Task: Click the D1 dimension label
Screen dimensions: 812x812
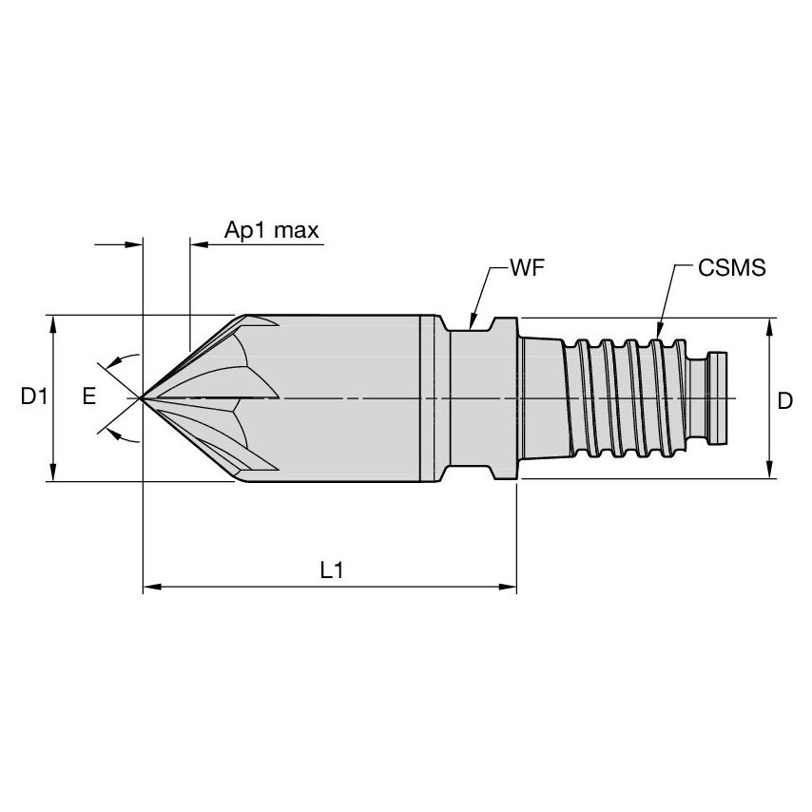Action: (x=34, y=397)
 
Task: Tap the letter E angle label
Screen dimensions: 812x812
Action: (x=88, y=397)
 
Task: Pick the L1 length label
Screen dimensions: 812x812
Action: (x=331, y=570)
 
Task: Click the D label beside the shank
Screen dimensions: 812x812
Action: (x=784, y=401)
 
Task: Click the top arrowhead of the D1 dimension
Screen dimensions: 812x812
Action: (x=54, y=321)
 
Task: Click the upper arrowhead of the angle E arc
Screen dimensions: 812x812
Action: (x=113, y=360)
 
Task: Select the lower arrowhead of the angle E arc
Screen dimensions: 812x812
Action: (x=113, y=435)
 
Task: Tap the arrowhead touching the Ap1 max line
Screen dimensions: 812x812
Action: (x=198, y=244)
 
